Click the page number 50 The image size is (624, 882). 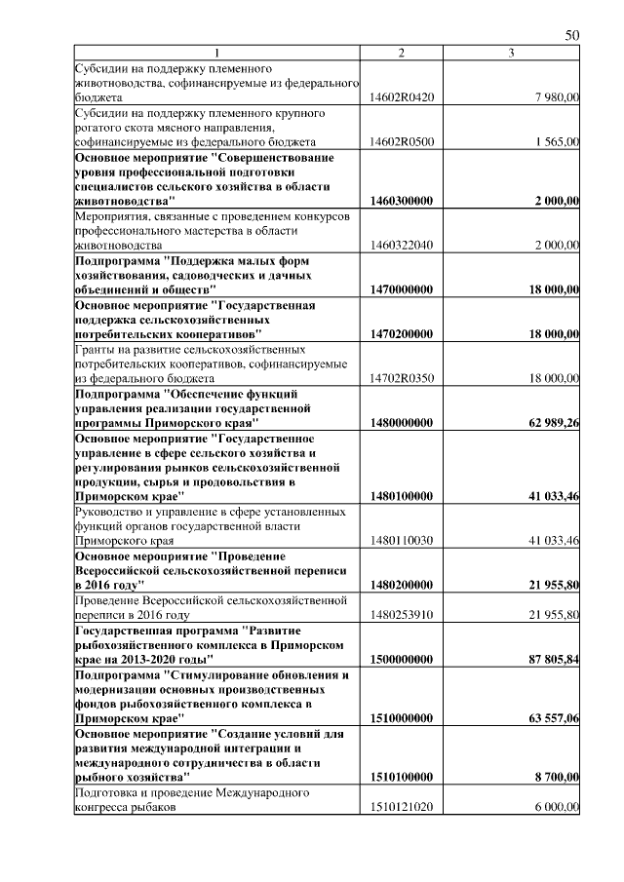tap(572, 35)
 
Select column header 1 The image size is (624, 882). tap(217, 53)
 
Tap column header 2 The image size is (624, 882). tap(401, 53)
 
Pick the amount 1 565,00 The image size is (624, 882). tap(558, 141)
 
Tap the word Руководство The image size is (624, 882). tap(113, 510)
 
